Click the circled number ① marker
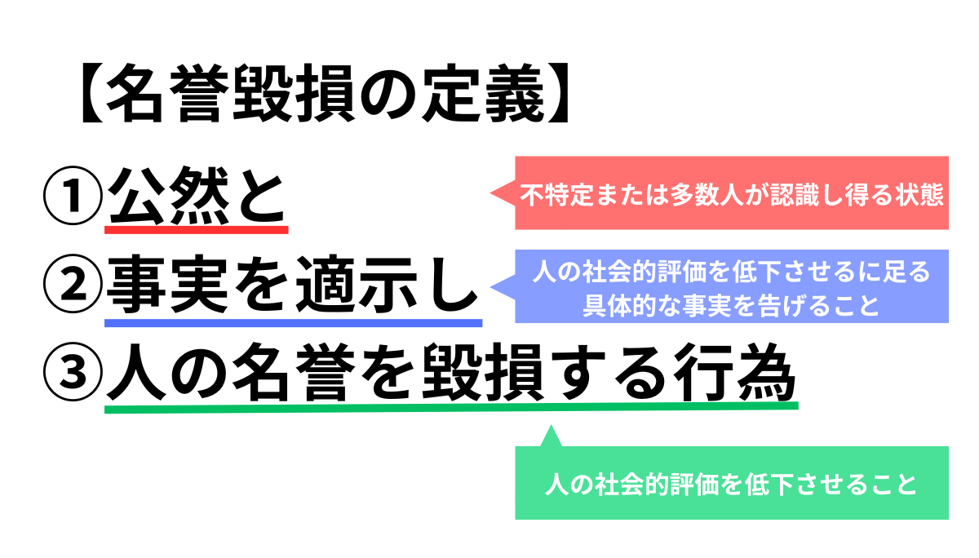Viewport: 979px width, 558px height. pyautogui.click(x=73, y=195)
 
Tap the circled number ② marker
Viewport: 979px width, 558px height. pyautogui.click(x=73, y=284)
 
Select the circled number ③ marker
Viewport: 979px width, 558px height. pyautogui.click(x=73, y=372)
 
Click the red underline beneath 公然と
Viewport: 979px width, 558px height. pyautogui.click(x=197, y=230)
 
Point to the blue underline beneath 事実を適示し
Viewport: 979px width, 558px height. pyautogui.click(x=293, y=323)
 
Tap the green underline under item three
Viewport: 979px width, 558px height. pyautogui.click(x=451, y=408)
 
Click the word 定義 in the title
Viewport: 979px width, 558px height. pyautogui.click(x=483, y=93)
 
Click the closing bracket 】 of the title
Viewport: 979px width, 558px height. pyautogui.click(x=558, y=93)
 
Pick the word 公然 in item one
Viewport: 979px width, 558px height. pyautogui.click(x=169, y=195)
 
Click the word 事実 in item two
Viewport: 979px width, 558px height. pyautogui.click(x=168, y=284)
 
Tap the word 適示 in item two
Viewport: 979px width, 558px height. pyautogui.click(x=357, y=284)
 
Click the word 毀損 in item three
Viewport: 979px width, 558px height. pyautogui.click(x=482, y=372)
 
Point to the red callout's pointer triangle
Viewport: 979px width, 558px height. pyautogui.click(x=503, y=193)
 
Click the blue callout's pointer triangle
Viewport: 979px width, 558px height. pyautogui.click(x=503, y=286)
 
